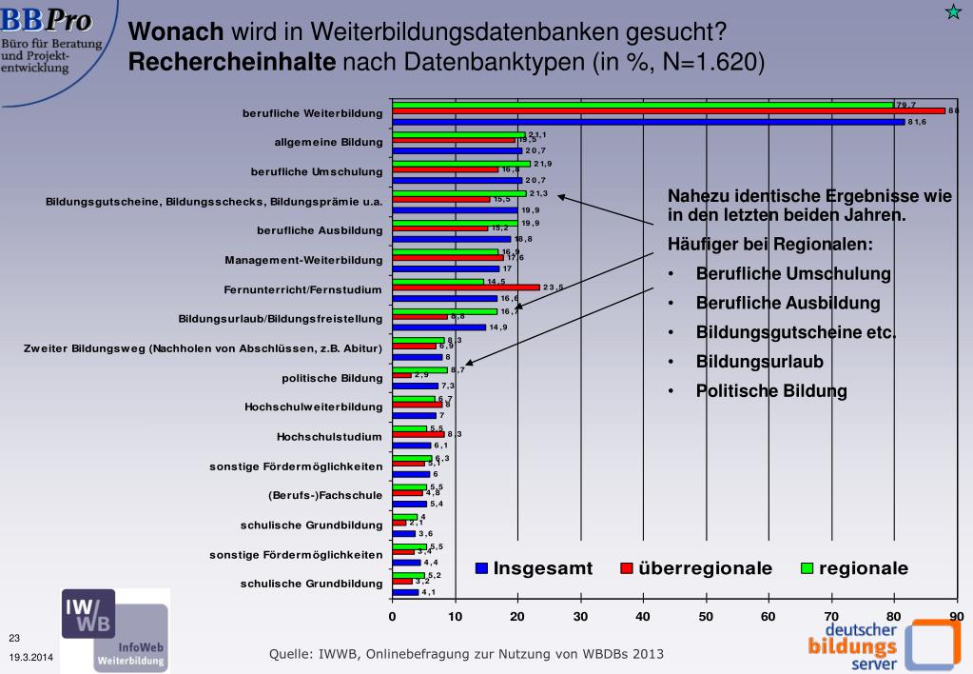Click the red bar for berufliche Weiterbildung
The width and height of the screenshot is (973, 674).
(666, 111)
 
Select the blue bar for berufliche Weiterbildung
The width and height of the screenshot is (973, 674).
(647, 121)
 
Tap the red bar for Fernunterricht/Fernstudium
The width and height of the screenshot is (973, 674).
(466, 287)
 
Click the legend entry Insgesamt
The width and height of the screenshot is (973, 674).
(534, 568)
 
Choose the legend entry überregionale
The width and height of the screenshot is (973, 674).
(695, 568)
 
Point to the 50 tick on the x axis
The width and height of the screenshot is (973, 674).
(706, 616)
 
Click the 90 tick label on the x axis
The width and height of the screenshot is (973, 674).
(956, 616)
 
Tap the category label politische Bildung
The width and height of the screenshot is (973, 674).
(332, 378)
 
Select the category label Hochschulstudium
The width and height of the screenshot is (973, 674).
(329, 437)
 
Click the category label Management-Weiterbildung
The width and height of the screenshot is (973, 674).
(303, 260)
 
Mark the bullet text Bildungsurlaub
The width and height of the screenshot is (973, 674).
(759, 362)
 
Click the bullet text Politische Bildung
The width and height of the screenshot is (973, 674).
(770, 391)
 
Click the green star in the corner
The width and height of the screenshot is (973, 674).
(952, 11)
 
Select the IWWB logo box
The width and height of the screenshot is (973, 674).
(88, 612)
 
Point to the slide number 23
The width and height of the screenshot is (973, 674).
(14, 638)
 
